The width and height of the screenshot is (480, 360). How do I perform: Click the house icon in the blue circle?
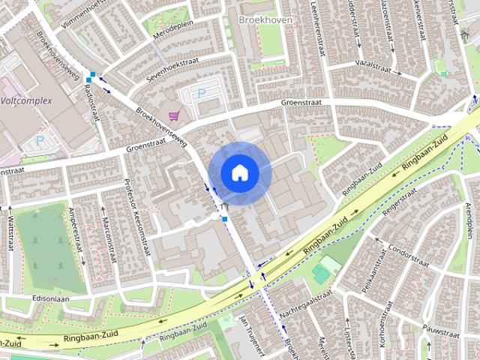239,173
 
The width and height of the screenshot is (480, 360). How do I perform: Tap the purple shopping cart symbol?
174,115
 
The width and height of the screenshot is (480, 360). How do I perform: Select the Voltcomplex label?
25,100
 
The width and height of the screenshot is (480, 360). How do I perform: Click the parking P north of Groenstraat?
200,93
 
